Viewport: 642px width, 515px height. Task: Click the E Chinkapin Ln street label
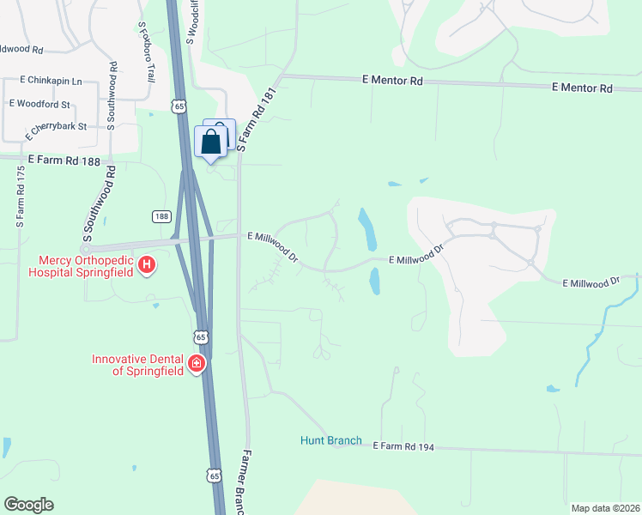pos(54,81)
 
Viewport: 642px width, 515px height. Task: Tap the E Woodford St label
pos(39,103)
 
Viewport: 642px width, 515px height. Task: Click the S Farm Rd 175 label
pos(20,196)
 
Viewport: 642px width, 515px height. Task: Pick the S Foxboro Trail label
pos(147,52)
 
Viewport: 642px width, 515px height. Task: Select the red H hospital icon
pos(147,265)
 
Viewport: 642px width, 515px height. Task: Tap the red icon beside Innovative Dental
pos(197,364)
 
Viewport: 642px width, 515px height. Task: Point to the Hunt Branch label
pos(331,441)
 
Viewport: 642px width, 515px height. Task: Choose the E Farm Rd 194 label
pos(404,446)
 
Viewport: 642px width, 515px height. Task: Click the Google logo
pos(28,505)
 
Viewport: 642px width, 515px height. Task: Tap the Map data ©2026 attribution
pos(605,508)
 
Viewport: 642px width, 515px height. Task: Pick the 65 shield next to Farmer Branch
pos(215,475)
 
